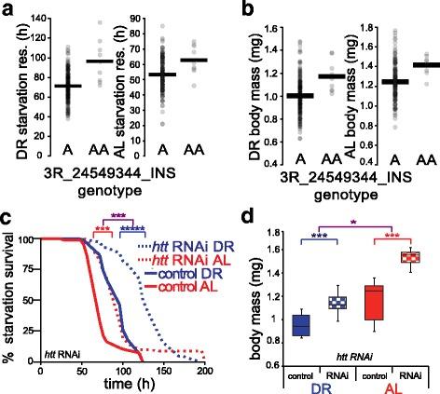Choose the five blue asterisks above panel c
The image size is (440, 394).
[x=129, y=225]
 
